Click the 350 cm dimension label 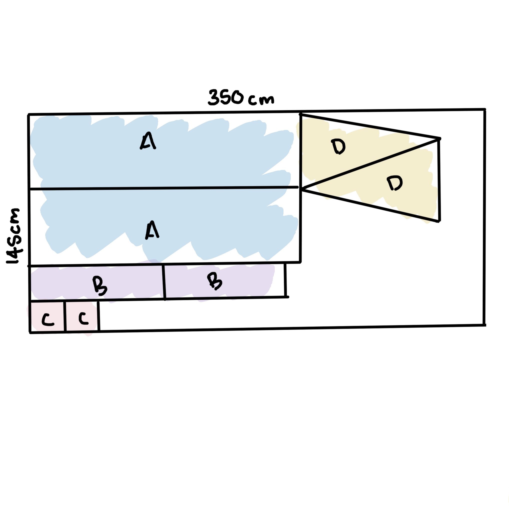pyautogui.click(x=241, y=97)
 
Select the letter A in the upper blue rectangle pyautogui.click(x=147, y=141)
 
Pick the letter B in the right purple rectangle pyautogui.click(x=214, y=281)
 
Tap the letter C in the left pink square pyautogui.click(x=48, y=320)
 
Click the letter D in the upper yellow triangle pyautogui.click(x=338, y=146)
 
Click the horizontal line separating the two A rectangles pyautogui.click(x=164, y=188)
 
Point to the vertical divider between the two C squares pyautogui.click(x=64, y=316)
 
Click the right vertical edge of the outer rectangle pyautogui.click(x=484, y=217)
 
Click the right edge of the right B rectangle pyautogui.click(x=285, y=280)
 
